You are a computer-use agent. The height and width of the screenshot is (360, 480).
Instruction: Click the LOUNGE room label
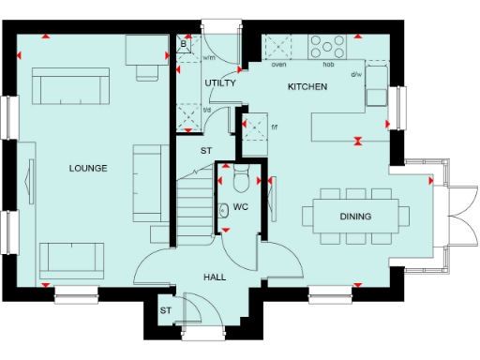coord(87,169)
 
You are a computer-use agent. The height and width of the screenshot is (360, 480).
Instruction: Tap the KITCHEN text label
coord(307,86)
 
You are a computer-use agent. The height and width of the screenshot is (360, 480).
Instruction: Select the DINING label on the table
coord(355,217)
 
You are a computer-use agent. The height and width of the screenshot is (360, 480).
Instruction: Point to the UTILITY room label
coord(220,82)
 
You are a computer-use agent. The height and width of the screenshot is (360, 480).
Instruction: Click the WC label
coord(240,206)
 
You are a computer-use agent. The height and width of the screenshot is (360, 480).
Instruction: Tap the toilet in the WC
coord(240,177)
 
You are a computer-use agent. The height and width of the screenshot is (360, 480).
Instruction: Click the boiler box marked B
coord(185,44)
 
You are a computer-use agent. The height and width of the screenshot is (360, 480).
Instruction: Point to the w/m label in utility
coord(209,58)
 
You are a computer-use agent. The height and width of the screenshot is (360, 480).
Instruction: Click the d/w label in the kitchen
coord(356,73)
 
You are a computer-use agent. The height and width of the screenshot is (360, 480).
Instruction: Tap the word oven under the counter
coord(278,65)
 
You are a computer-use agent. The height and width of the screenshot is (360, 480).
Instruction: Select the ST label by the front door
coord(165,310)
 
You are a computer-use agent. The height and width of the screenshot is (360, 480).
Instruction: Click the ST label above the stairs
coord(206,149)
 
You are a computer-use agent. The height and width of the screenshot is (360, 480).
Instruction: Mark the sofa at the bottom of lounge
coord(72,256)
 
